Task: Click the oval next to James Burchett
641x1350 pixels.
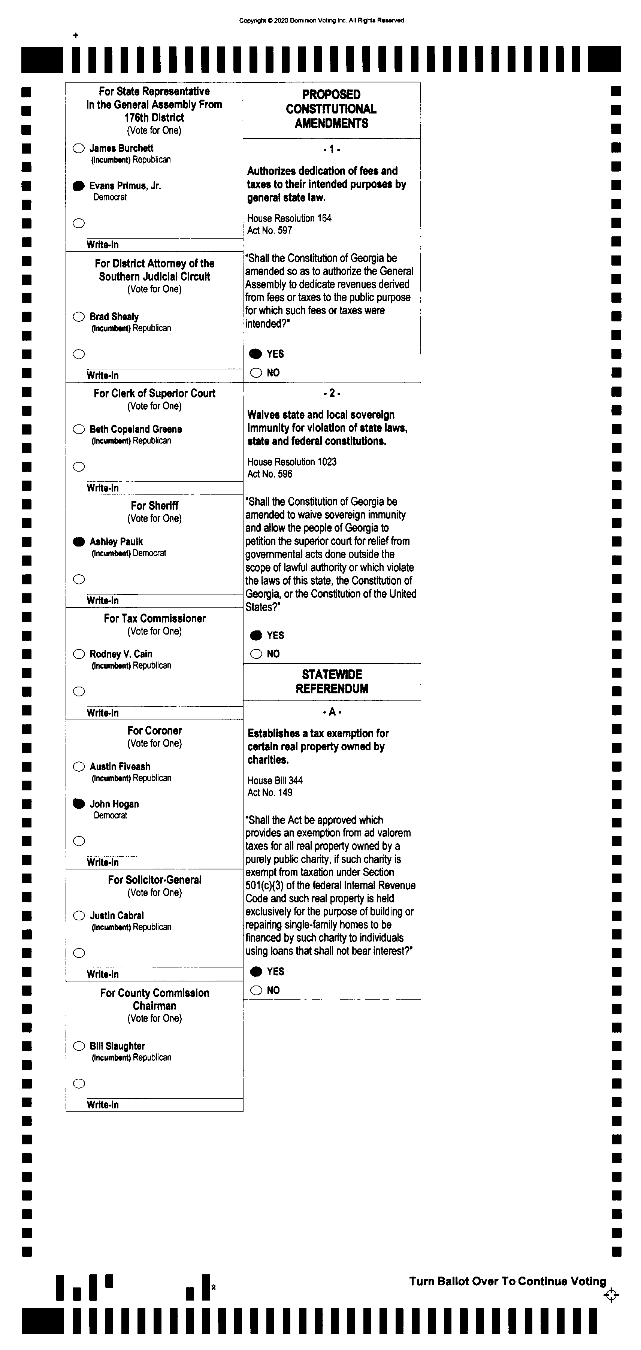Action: click(x=79, y=148)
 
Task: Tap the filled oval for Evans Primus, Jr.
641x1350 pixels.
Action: click(x=79, y=186)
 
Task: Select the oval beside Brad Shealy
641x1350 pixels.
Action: click(x=79, y=317)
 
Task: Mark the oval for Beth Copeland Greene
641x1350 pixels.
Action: click(x=79, y=429)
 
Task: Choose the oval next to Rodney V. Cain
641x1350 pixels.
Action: click(x=79, y=654)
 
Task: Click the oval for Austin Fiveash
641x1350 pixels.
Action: click(x=79, y=767)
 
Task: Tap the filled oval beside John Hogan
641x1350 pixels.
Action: click(x=79, y=804)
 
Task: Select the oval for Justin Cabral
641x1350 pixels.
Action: click(x=79, y=915)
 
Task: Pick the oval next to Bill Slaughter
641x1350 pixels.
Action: click(x=79, y=1046)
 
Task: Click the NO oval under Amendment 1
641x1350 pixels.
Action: click(x=256, y=373)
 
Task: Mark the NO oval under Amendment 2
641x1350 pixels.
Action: click(x=256, y=654)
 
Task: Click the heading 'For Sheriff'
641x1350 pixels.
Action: click(x=155, y=506)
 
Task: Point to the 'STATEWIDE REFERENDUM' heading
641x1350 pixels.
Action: click(x=332, y=681)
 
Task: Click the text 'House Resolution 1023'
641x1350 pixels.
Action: click(x=291, y=462)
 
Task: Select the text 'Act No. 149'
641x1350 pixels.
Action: click(x=269, y=792)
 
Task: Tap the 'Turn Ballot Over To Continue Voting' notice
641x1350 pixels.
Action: click(x=507, y=1281)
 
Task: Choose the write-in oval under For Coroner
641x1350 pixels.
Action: click(x=79, y=841)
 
